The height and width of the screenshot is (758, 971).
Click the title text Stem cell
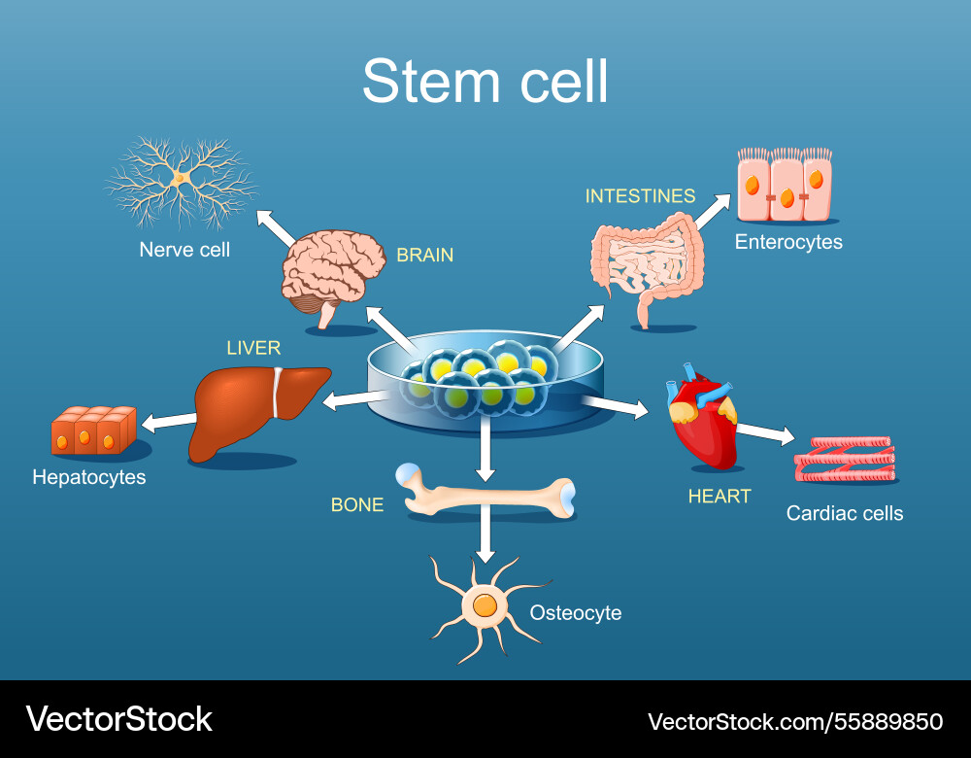click(485, 82)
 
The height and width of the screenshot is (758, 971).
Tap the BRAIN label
click(424, 256)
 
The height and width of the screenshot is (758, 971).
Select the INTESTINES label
click(640, 196)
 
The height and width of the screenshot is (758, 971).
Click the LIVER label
click(253, 348)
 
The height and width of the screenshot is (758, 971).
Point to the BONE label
click(357, 505)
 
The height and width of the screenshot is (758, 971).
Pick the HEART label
click(720, 497)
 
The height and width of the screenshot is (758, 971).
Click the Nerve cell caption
click(184, 250)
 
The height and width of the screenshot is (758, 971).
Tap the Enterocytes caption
click(788, 242)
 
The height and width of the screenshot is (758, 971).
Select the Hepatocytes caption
click(89, 477)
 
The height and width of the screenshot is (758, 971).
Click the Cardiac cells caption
click(845, 513)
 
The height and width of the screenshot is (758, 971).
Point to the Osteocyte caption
click(575, 613)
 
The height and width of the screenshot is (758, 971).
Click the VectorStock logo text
click(118, 720)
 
